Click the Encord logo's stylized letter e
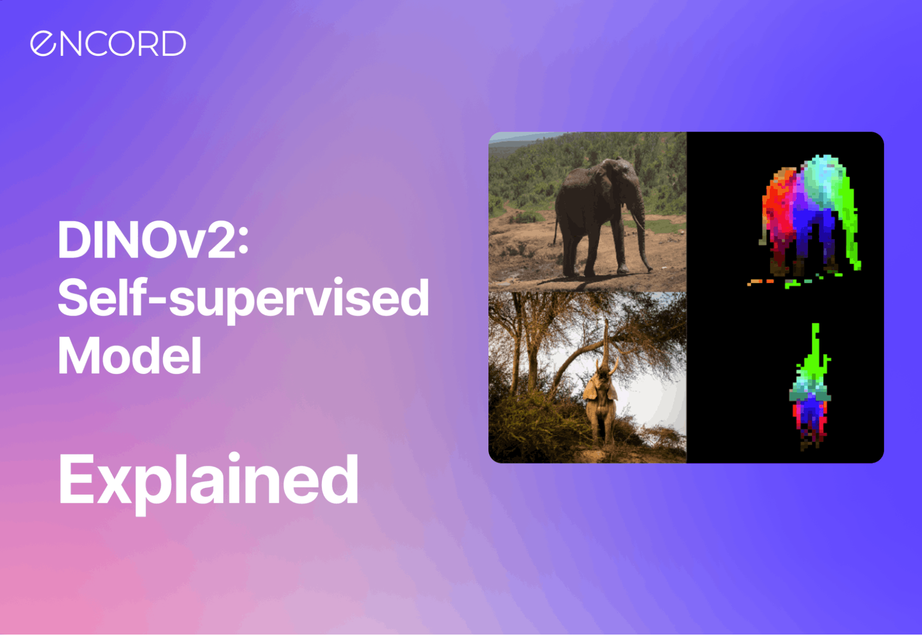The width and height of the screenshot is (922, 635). (43, 44)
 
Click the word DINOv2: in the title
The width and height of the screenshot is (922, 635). (152, 240)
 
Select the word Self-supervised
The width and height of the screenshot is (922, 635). (243, 299)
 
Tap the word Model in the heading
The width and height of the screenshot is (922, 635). (129, 356)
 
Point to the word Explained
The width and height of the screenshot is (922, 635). (208, 479)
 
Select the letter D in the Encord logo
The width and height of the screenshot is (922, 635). (173, 44)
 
